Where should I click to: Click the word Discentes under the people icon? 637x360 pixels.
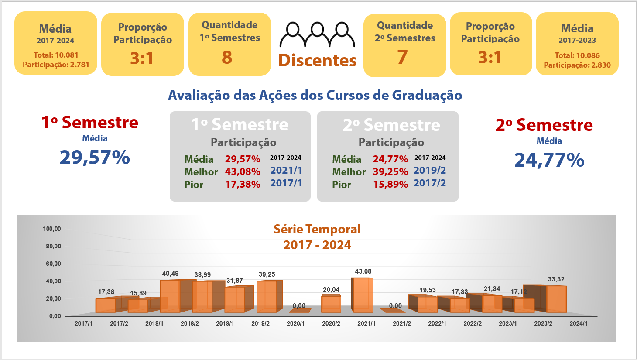tap(317, 61)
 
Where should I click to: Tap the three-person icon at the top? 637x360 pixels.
tap(317, 34)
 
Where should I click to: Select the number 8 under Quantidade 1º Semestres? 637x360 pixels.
tap(227, 58)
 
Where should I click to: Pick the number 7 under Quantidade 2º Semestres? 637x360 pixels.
tap(402, 58)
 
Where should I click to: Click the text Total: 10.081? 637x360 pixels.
tap(56, 55)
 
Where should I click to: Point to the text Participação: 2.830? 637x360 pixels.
tap(577, 65)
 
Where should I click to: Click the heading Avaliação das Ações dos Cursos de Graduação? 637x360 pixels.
tap(315, 95)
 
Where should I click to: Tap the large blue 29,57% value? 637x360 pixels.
tap(95, 157)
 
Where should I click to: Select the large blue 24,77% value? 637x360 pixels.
tap(549, 160)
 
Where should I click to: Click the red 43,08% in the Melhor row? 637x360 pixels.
tap(243, 171)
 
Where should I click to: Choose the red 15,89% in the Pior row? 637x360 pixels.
tap(390, 185)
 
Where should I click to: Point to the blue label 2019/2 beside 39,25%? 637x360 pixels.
tap(430, 171)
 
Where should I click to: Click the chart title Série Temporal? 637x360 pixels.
tap(317, 229)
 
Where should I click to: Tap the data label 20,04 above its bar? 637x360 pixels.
tap(331, 290)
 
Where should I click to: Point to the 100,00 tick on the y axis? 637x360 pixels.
tap(52, 229)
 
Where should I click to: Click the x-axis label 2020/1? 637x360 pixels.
tap(296, 323)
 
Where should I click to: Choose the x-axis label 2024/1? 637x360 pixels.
tap(579, 323)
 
